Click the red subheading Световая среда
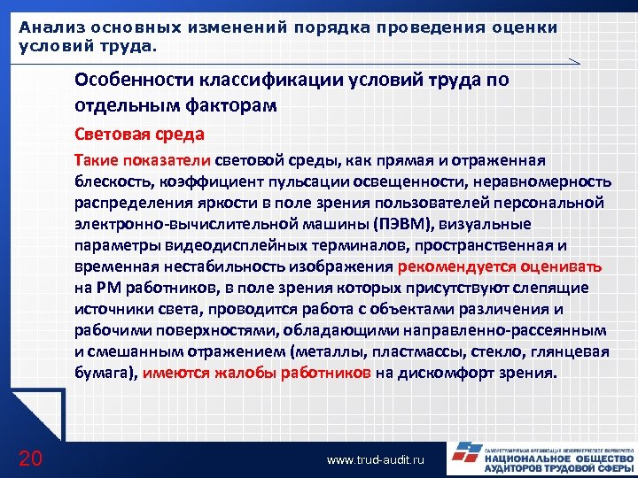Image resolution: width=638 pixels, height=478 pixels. click(x=140, y=135)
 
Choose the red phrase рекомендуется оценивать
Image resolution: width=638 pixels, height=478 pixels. click(x=501, y=266)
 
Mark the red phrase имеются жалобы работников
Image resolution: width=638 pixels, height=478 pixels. click(x=257, y=373)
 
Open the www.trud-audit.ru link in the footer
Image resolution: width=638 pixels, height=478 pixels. click(x=376, y=460)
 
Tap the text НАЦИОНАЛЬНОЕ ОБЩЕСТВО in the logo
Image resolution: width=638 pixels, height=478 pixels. click(x=558, y=459)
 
